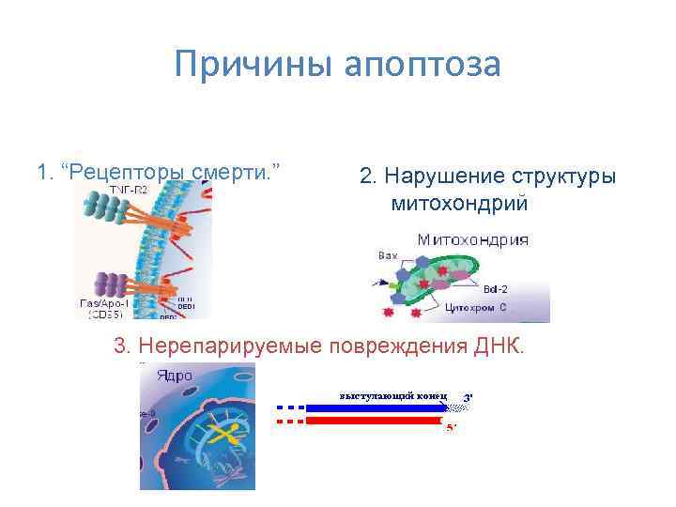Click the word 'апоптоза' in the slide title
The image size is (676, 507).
point(423,67)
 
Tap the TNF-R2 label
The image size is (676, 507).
point(129,189)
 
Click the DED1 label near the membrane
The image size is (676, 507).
point(187,306)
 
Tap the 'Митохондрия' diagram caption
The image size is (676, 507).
point(472,239)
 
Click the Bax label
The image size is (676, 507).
point(388,254)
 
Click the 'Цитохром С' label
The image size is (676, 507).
point(476,307)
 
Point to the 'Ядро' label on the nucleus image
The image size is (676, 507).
point(174,376)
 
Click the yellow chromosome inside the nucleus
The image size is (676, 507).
point(223,433)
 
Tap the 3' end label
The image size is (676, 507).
point(468,397)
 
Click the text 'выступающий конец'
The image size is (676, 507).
point(393,394)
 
